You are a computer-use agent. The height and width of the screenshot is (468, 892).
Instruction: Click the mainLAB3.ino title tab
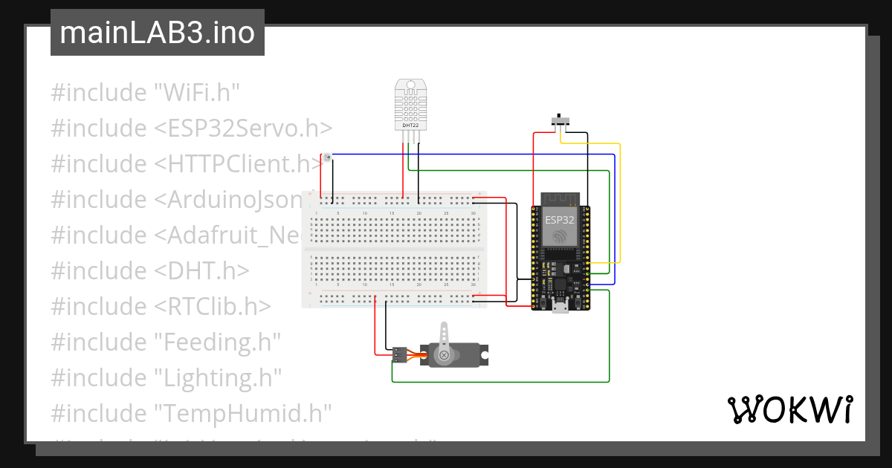click(157, 33)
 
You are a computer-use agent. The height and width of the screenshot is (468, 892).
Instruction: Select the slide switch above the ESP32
click(560, 120)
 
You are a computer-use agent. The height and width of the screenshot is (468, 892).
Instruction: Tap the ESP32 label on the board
click(560, 220)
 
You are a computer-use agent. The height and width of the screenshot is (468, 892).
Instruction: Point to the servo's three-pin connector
click(400, 354)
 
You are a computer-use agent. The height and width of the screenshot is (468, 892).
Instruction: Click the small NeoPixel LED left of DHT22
click(326, 156)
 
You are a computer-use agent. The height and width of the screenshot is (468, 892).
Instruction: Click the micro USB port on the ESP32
click(560, 305)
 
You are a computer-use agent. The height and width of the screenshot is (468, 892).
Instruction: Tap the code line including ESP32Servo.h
click(191, 129)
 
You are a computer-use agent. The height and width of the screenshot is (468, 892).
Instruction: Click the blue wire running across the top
click(476, 155)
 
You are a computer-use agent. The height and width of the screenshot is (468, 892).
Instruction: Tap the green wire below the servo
click(498, 381)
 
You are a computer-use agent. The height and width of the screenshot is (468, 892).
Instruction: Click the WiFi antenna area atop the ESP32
click(560, 198)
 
